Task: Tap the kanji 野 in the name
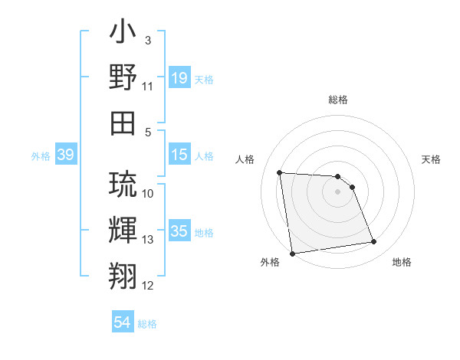click(x=123, y=77)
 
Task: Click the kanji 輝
click(x=123, y=230)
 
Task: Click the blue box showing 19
click(x=179, y=78)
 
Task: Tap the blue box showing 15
click(x=179, y=155)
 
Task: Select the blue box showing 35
click(x=179, y=232)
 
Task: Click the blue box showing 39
click(x=65, y=155)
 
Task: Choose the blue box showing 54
click(x=122, y=323)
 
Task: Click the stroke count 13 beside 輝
click(x=148, y=240)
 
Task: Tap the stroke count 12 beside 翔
click(x=148, y=286)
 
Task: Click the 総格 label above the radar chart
click(x=337, y=100)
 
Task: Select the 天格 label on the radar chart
click(x=431, y=159)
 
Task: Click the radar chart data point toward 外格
click(x=292, y=253)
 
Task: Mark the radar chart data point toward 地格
click(x=373, y=242)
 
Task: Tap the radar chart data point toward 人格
click(x=280, y=172)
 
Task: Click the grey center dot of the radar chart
click(x=337, y=191)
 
